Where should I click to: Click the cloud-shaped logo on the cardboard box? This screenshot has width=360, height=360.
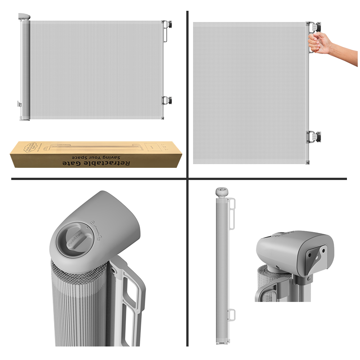[x=31, y=146]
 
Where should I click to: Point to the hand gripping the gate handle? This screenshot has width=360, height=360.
[x=319, y=44]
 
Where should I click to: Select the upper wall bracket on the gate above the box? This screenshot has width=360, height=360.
[x=167, y=26]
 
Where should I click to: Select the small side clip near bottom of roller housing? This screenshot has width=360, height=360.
[x=19, y=104]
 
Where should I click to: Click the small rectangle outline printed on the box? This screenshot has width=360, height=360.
[x=153, y=147]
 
